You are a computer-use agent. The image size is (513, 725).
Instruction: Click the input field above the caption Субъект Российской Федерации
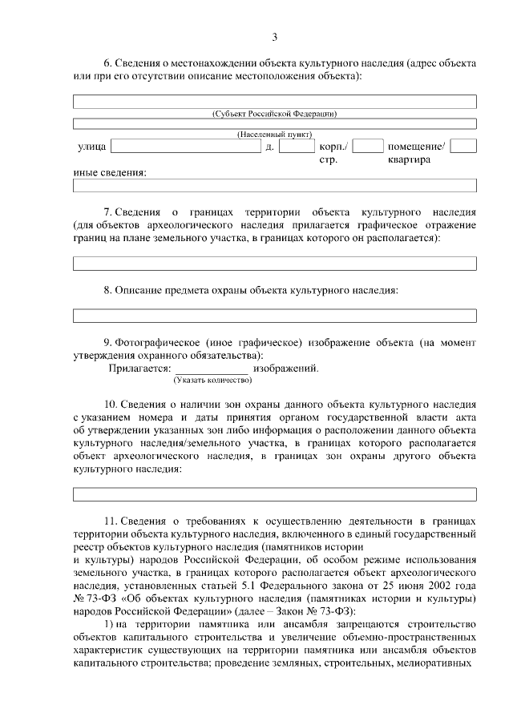pyautogui.click(x=274, y=102)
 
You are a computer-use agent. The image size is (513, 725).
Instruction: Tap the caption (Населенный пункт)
pyautogui.click(x=274, y=134)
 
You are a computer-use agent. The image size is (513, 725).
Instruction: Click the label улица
pyautogui.click(x=91, y=147)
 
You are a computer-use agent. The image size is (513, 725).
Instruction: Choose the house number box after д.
pyautogui.click(x=296, y=147)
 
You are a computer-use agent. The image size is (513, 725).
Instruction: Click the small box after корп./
pyautogui.click(x=367, y=147)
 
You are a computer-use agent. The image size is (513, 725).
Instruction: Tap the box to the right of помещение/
pyautogui.click(x=463, y=147)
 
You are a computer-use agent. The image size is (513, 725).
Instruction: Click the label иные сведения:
pyautogui.click(x=110, y=172)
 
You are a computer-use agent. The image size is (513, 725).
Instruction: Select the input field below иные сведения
pyautogui.click(x=274, y=186)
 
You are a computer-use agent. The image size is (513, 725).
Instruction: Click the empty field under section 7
pyautogui.click(x=274, y=264)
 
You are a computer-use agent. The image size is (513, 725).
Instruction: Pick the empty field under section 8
pyautogui.click(x=274, y=315)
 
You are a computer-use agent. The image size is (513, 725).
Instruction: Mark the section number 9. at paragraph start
pyautogui.click(x=109, y=342)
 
